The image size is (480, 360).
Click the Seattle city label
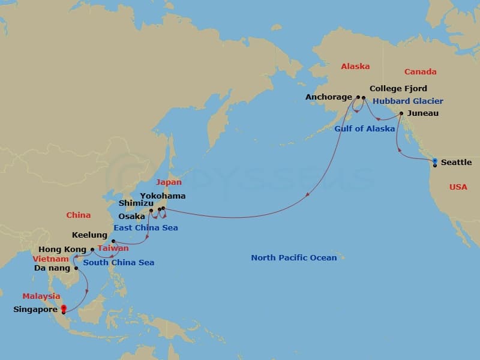point(456,163)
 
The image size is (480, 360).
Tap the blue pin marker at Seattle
point(434,161)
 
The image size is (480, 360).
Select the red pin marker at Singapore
point(64,308)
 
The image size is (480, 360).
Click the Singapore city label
point(35,310)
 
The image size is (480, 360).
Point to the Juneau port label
point(422,113)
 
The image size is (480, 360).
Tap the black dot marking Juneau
point(401,113)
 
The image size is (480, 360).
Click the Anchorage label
point(329,97)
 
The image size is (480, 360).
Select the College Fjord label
point(398,88)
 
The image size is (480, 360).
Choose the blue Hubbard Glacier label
point(408,101)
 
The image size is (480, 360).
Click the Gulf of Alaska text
point(365,128)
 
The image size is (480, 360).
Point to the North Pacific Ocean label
point(293,257)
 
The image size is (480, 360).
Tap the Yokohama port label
point(163,196)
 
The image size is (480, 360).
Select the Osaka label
point(131,216)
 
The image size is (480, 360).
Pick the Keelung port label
point(89,235)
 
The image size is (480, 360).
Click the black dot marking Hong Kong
point(92,250)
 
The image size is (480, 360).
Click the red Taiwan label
point(113,248)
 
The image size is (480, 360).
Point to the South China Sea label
point(118,262)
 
